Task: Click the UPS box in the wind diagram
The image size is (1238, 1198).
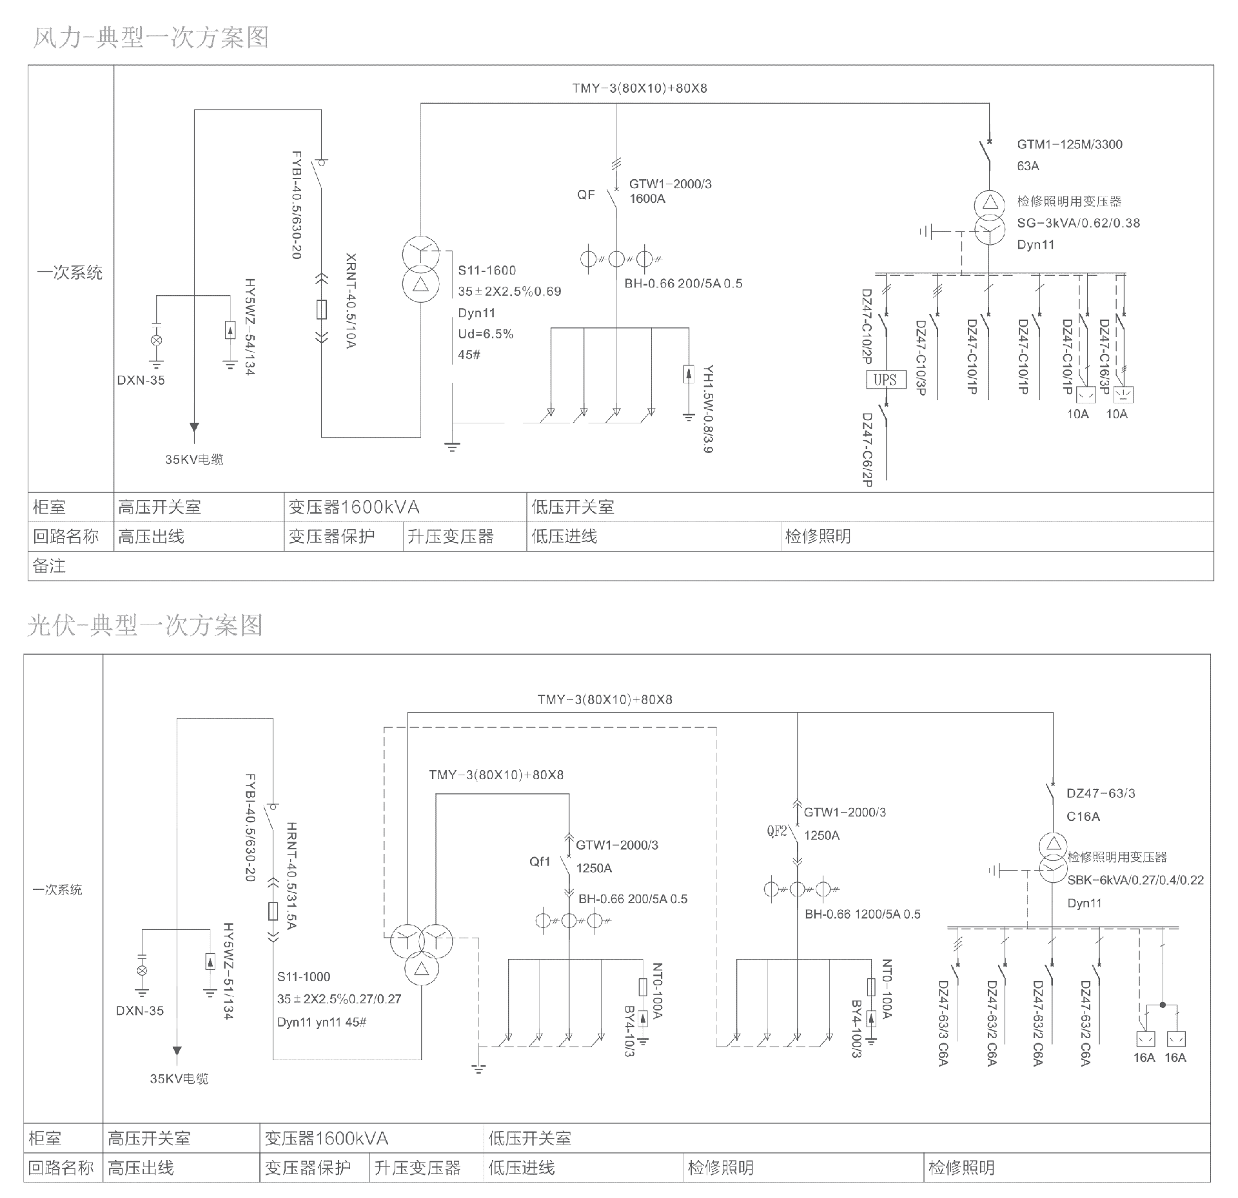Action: (x=885, y=380)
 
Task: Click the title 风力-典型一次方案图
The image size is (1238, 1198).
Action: (x=150, y=38)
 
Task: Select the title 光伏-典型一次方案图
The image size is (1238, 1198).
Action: (x=145, y=625)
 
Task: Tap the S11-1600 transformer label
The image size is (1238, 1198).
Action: (x=487, y=271)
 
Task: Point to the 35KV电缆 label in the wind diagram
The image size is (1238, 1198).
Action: (x=194, y=459)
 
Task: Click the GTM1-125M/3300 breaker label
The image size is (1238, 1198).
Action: (x=1070, y=144)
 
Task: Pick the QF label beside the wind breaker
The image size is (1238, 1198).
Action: (x=585, y=195)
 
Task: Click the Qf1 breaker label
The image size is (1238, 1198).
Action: (x=540, y=862)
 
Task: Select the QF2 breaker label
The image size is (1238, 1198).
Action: (x=777, y=831)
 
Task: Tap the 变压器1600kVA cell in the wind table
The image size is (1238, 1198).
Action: (x=354, y=507)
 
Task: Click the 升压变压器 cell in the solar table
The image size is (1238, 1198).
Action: (x=417, y=1168)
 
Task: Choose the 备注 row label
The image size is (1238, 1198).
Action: (x=49, y=566)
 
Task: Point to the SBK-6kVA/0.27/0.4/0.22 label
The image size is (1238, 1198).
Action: (x=1135, y=880)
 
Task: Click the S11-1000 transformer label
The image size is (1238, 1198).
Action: (x=304, y=976)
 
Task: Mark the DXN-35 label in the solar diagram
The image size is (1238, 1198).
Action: (x=140, y=1010)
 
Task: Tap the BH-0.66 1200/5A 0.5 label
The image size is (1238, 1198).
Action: (x=862, y=914)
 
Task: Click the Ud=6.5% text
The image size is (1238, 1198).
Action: (x=486, y=334)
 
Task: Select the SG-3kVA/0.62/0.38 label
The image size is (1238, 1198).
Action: (x=1078, y=223)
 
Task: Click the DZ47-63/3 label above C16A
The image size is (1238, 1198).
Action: (x=1101, y=793)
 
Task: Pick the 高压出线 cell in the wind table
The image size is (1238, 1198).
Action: (x=151, y=536)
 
